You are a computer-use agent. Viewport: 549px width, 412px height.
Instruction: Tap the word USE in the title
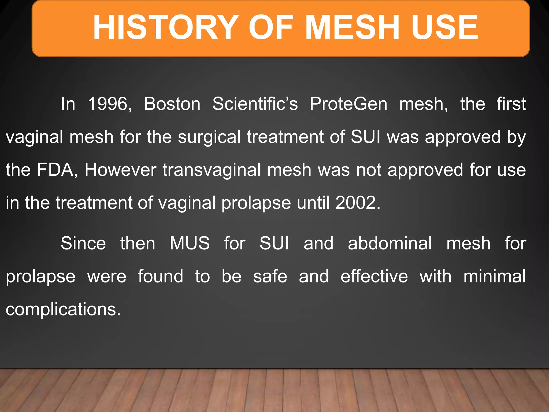pyautogui.click(x=444, y=27)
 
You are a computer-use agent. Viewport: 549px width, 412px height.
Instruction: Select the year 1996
pyautogui.click(x=109, y=104)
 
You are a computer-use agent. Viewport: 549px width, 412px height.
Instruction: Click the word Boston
pyautogui.click(x=172, y=104)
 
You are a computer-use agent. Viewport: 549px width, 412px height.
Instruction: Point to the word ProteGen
pyautogui.click(x=348, y=104)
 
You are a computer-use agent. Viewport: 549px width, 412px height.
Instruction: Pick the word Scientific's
pyautogui.click(x=255, y=104)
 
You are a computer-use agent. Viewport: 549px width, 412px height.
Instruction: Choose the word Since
pyautogui.click(x=83, y=244)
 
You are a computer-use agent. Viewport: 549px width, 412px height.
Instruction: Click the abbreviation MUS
pyautogui.click(x=190, y=244)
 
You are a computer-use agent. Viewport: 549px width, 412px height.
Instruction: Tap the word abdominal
pyautogui.click(x=390, y=244)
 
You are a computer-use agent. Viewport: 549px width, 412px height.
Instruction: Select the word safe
pyautogui.click(x=270, y=277)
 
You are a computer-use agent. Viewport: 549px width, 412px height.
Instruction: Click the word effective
pyautogui.click(x=374, y=277)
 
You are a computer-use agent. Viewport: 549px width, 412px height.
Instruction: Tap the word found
pyautogui.click(x=161, y=277)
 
